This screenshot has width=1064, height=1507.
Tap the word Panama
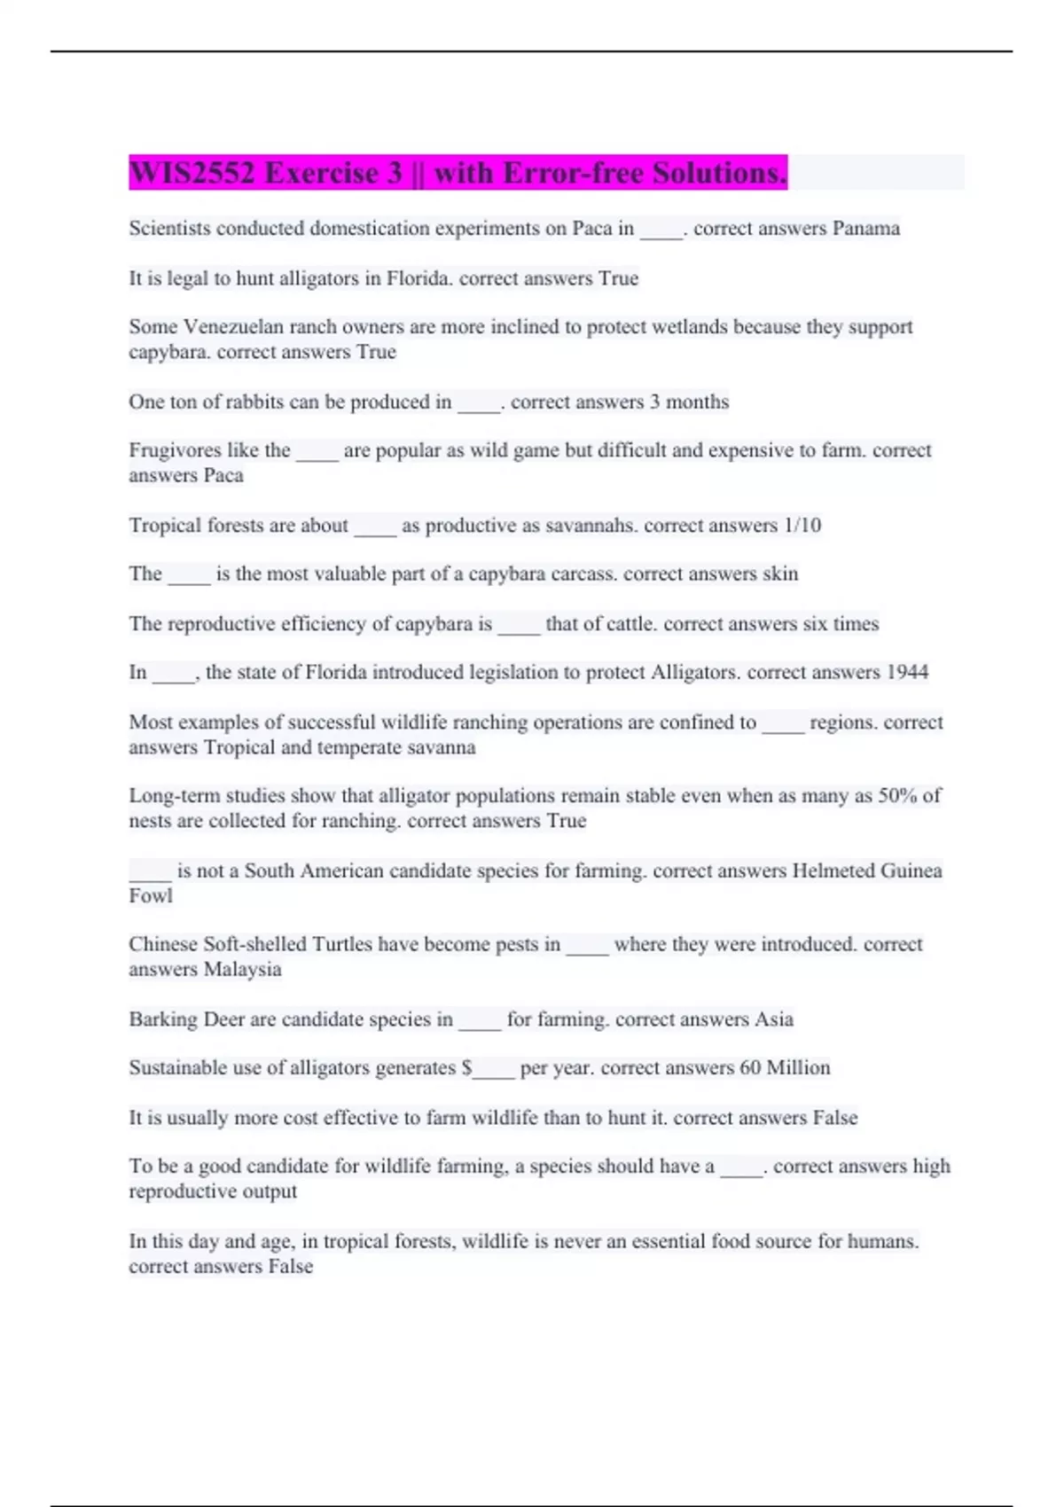pyautogui.click(x=865, y=229)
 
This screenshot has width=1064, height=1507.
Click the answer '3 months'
pyautogui.click(x=689, y=402)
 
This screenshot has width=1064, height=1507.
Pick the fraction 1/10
pyautogui.click(x=802, y=526)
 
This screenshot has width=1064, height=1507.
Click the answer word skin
pyautogui.click(x=780, y=574)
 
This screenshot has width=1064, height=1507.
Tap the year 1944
pyautogui.click(x=907, y=673)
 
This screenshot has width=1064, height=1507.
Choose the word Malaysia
pyautogui.click(x=242, y=970)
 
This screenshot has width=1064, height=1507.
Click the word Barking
pyautogui.click(x=163, y=1019)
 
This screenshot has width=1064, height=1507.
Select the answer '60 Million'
pyautogui.click(x=785, y=1068)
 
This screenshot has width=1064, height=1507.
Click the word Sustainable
pyautogui.click(x=177, y=1068)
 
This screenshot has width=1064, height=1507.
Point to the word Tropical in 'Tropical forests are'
pyautogui.click(x=164, y=526)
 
